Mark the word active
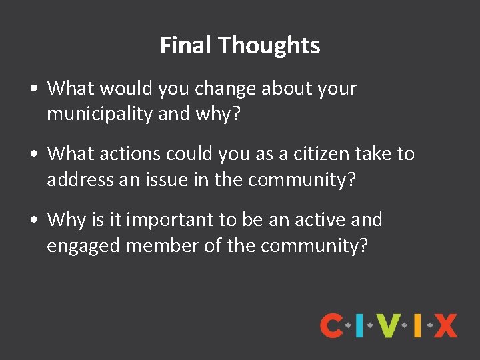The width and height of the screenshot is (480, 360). (322, 219)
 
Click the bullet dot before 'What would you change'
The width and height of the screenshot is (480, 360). (33, 89)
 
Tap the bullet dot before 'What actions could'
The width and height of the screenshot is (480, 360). (33, 154)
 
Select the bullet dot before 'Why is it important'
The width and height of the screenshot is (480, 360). (33, 219)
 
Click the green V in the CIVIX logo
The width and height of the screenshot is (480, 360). (387, 325)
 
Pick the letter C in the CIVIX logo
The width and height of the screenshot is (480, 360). (332, 325)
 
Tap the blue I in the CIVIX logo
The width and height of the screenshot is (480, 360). (359, 325)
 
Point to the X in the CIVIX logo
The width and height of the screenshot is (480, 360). (445, 325)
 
